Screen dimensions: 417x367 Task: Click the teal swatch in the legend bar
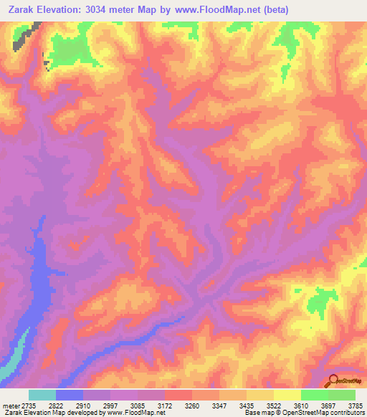click(42, 395)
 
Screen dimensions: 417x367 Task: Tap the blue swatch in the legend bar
click(70, 395)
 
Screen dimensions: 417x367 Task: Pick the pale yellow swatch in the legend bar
click(287, 395)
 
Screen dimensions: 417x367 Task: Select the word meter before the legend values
click(12, 406)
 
